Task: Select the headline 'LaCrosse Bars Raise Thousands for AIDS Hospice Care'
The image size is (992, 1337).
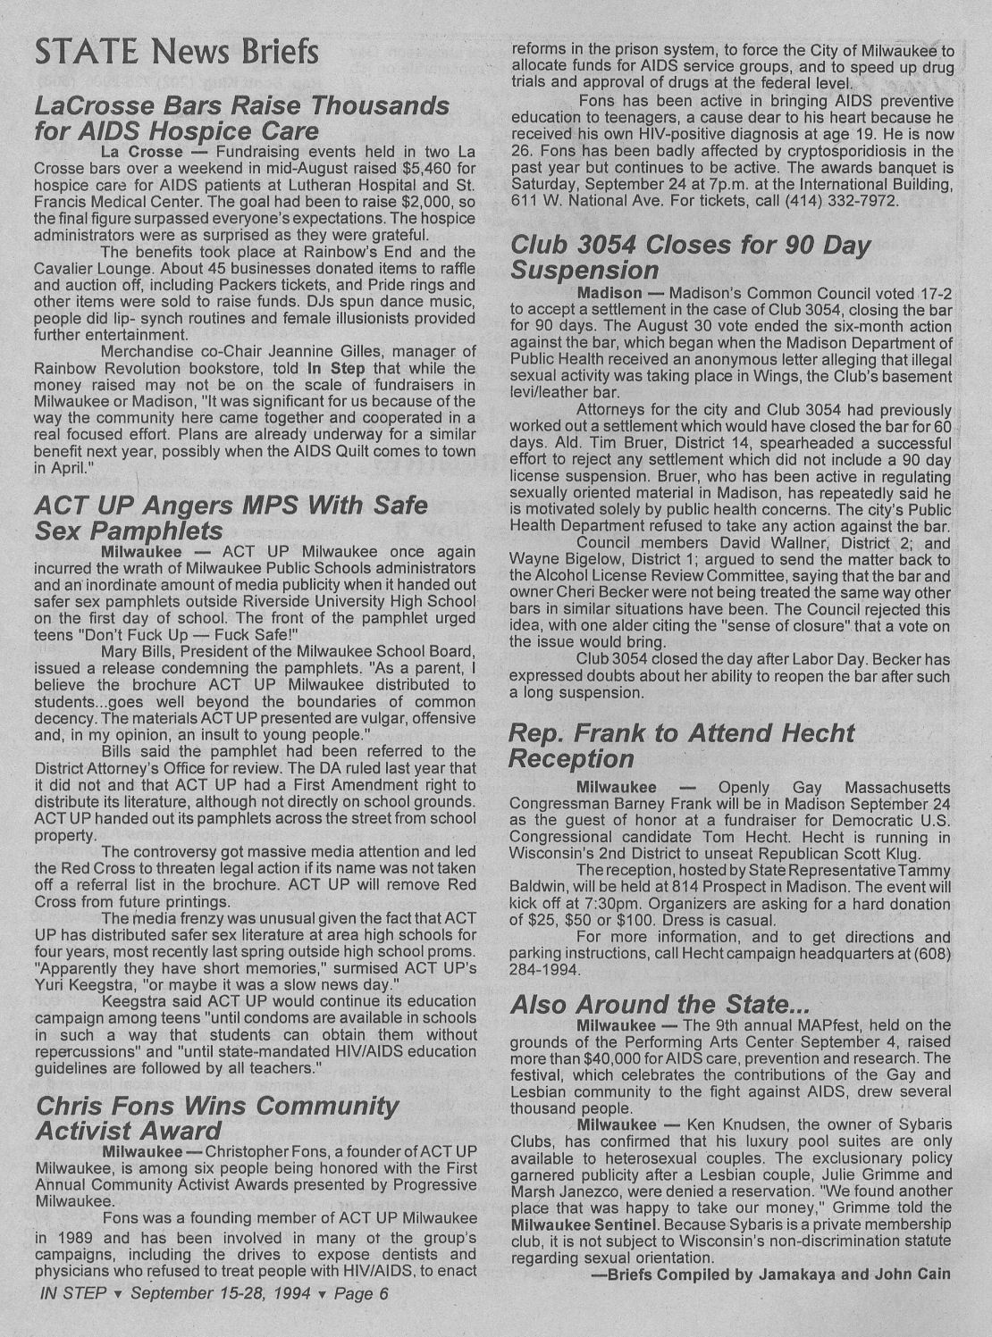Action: pos(241,119)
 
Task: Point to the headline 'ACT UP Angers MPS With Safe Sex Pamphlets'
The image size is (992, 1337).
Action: pos(231,518)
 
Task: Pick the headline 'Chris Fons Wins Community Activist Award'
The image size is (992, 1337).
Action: pos(216,1118)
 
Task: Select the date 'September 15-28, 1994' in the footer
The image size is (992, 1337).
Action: pos(221,1292)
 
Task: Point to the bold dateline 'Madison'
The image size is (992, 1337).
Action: pos(609,293)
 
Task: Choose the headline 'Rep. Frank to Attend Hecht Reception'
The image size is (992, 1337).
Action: pos(681,746)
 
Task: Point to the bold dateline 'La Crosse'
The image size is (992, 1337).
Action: pos(142,151)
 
